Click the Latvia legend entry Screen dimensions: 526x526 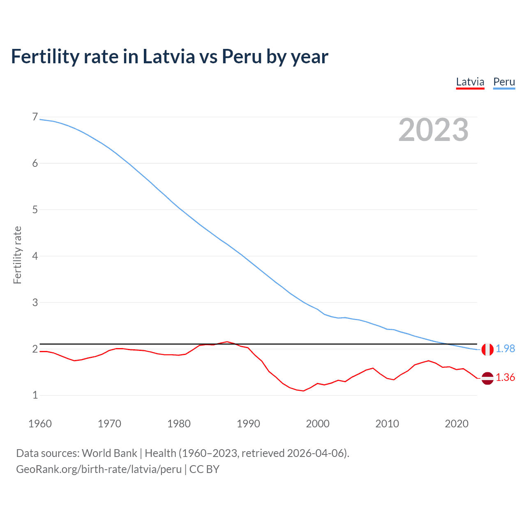click(x=470, y=82)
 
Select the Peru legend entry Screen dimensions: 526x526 click(x=504, y=82)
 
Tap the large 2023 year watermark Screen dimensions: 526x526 click(x=434, y=130)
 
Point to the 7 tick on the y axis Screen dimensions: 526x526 click(x=35, y=117)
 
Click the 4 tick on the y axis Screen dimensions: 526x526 click(x=35, y=256)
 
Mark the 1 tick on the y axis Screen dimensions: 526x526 click(x=35, y=395)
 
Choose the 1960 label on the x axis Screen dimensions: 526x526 click(x=40, y=424)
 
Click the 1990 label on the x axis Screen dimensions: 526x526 click(x=248, y=424)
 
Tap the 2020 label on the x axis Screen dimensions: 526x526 click(x=457, y=424)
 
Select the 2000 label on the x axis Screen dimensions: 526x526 click(x=318, y=424)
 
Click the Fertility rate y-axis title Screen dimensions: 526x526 click(x=17, y=255)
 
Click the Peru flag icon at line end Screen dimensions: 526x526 click(x=487, y=349)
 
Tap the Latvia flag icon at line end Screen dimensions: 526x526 click(x=487, y=378)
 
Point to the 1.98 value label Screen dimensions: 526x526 click(x=505, y=349)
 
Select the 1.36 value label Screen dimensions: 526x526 click(x=505, y=378)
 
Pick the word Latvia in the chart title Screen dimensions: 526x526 click(x=168, y=56)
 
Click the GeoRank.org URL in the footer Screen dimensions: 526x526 click(x=99, y=469)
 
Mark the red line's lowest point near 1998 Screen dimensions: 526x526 click(x=304, y=391)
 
